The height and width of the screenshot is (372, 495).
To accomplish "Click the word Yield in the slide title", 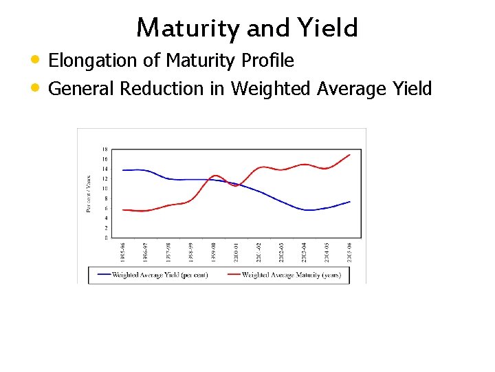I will (x=328, y=28).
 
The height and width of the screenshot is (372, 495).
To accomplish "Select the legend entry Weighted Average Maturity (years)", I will (x=291, y=275).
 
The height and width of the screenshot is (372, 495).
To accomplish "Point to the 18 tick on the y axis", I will (x=104, y=149).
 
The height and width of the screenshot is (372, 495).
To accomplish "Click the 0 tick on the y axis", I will (x=106, y=238).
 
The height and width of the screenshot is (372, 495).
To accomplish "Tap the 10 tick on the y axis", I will (x=104, y=188).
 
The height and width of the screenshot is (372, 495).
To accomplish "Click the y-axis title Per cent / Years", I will (x=88, y=193).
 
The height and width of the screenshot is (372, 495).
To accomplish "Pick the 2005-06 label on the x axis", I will (x=350, y=251).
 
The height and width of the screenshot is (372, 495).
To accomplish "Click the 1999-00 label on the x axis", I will (x=214, y=251).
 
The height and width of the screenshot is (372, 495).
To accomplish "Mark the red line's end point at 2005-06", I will (x=351, y=154).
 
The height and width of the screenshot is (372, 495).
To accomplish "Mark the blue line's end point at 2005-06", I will (x=351, y=202).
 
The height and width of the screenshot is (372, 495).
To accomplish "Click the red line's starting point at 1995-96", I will (x=122, y=209).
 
